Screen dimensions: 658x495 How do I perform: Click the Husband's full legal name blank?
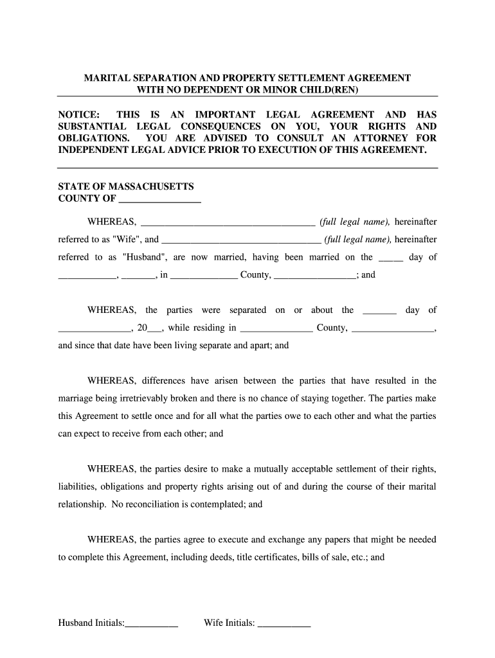coord(241,240)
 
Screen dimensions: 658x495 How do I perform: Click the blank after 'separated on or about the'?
coord(379,310)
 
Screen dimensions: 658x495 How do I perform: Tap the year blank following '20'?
coord(155,328)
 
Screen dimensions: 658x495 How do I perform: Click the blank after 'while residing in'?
coord(276,328)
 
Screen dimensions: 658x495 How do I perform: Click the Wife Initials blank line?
coord(284,623)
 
